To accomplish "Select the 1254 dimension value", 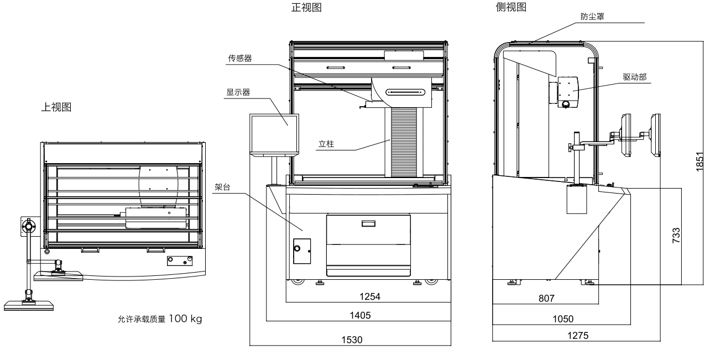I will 369,296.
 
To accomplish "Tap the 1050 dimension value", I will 562,319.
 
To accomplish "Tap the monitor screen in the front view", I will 274,134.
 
